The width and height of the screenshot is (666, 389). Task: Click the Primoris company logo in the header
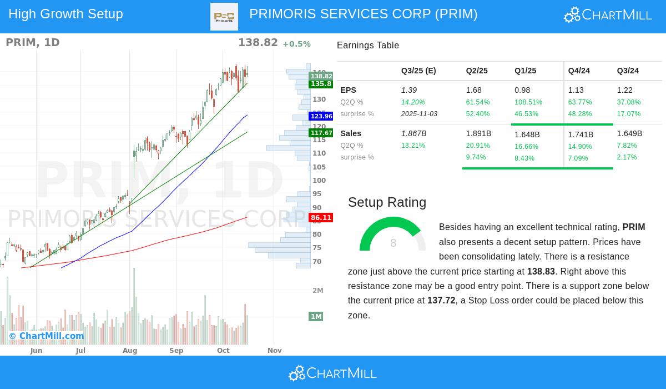point(224,17)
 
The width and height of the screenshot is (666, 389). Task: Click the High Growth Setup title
point(65,14)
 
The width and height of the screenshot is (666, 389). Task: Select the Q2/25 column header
point(477,71)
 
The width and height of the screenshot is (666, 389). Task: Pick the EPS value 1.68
point(473,90)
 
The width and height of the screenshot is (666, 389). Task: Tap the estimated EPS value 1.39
point(409,90)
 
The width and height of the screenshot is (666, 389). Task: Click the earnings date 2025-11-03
point(419,114)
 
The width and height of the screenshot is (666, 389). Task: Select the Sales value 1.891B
point(478,133)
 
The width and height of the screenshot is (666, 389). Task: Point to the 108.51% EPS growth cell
point(528,102)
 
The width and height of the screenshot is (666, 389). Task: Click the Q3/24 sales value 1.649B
point(629,133)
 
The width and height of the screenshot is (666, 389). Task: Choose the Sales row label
point(351,133)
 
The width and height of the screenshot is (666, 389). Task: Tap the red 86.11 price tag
point(321,218)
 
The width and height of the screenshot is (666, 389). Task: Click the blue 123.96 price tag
point(321,116)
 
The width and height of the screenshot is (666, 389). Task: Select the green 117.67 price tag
point(321,133)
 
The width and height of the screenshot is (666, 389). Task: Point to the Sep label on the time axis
point(176,351)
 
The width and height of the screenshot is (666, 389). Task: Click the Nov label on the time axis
point(275,351)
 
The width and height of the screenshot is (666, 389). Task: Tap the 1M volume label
point(316,317)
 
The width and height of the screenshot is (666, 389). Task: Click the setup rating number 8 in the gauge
point(393,243)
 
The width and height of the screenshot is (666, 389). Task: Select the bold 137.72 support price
point(441,301)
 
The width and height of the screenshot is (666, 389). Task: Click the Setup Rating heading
point(387,202)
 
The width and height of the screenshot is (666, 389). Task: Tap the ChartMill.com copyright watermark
point(46,336)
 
